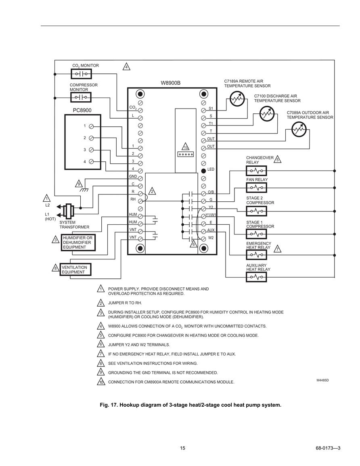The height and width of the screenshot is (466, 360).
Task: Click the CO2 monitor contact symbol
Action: pyautogui.click(x=81, y=73)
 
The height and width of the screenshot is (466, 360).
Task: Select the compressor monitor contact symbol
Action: pyautogui.click(x=81, y=97)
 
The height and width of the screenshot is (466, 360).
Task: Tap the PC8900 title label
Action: pyautogui.click(x=82, y=110)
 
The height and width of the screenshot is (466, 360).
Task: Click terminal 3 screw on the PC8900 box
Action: pyautogui.click(x=92, y=150)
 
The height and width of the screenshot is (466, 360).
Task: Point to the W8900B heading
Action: pyautogui.click(x=171, y=83)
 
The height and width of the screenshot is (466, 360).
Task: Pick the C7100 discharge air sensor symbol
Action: pyautogui.click(x=266, y=113)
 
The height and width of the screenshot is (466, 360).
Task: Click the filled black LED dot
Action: pyautogui.click(x=203, y=171)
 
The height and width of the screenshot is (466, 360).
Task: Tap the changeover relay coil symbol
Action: pyautogui.click(x=256, y=171)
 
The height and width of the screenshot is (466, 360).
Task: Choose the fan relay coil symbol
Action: pyautogui.click(x=256, y=188)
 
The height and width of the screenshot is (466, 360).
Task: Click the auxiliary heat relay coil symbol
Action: pyautogui.click(x=256, y=277)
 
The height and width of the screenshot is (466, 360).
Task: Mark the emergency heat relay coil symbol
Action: pyautogui.click(x=256, y=255)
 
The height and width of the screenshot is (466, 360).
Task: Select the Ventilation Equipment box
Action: pyautogui.click(x=75, y=270)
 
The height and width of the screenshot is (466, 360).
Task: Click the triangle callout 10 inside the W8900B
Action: pyautogui.click(x=186, y=146)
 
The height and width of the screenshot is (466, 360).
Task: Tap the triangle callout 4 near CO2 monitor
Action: pyautogui.click(x=126, y=67)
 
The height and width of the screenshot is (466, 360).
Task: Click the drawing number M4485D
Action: pyautogui.click(x=322, y=380)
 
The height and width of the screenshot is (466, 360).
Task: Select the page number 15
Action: pyautogui.click(x=182, y=448)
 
